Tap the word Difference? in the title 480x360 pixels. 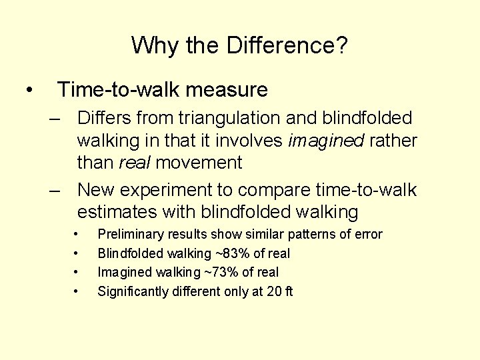(x=287, y=46)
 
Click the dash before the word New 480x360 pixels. (x=58, y=190)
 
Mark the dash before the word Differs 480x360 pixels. (x=58, y=118)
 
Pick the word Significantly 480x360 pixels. (x=132, y=291)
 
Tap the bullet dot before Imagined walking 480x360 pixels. (x=78, y=272)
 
